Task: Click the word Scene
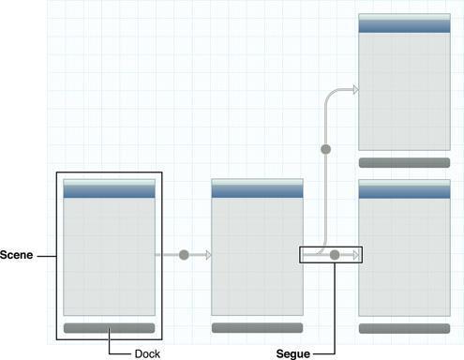[x=17, y=255]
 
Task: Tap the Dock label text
[x=147, y=352]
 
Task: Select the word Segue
[x=293, y=354]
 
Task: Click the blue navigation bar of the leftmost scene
[x=109, y=190]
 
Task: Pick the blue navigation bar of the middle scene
[x=257, y=189]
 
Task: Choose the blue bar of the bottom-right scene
[x=404, y=189]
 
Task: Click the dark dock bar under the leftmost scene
[x=109, y=328]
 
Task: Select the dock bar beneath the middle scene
[x=257, y=328]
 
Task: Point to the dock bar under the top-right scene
[x=404, y=162]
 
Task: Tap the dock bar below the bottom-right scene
[x=404, y=328]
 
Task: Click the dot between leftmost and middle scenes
[x=184, y=254]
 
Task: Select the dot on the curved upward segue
[x=326, y=149]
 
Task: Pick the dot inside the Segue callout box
[x=335, y=254]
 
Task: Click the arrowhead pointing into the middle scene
[x=208, y=254]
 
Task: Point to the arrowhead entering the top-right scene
[x=354, y=90]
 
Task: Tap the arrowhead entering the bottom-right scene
[x=355, y=254]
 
